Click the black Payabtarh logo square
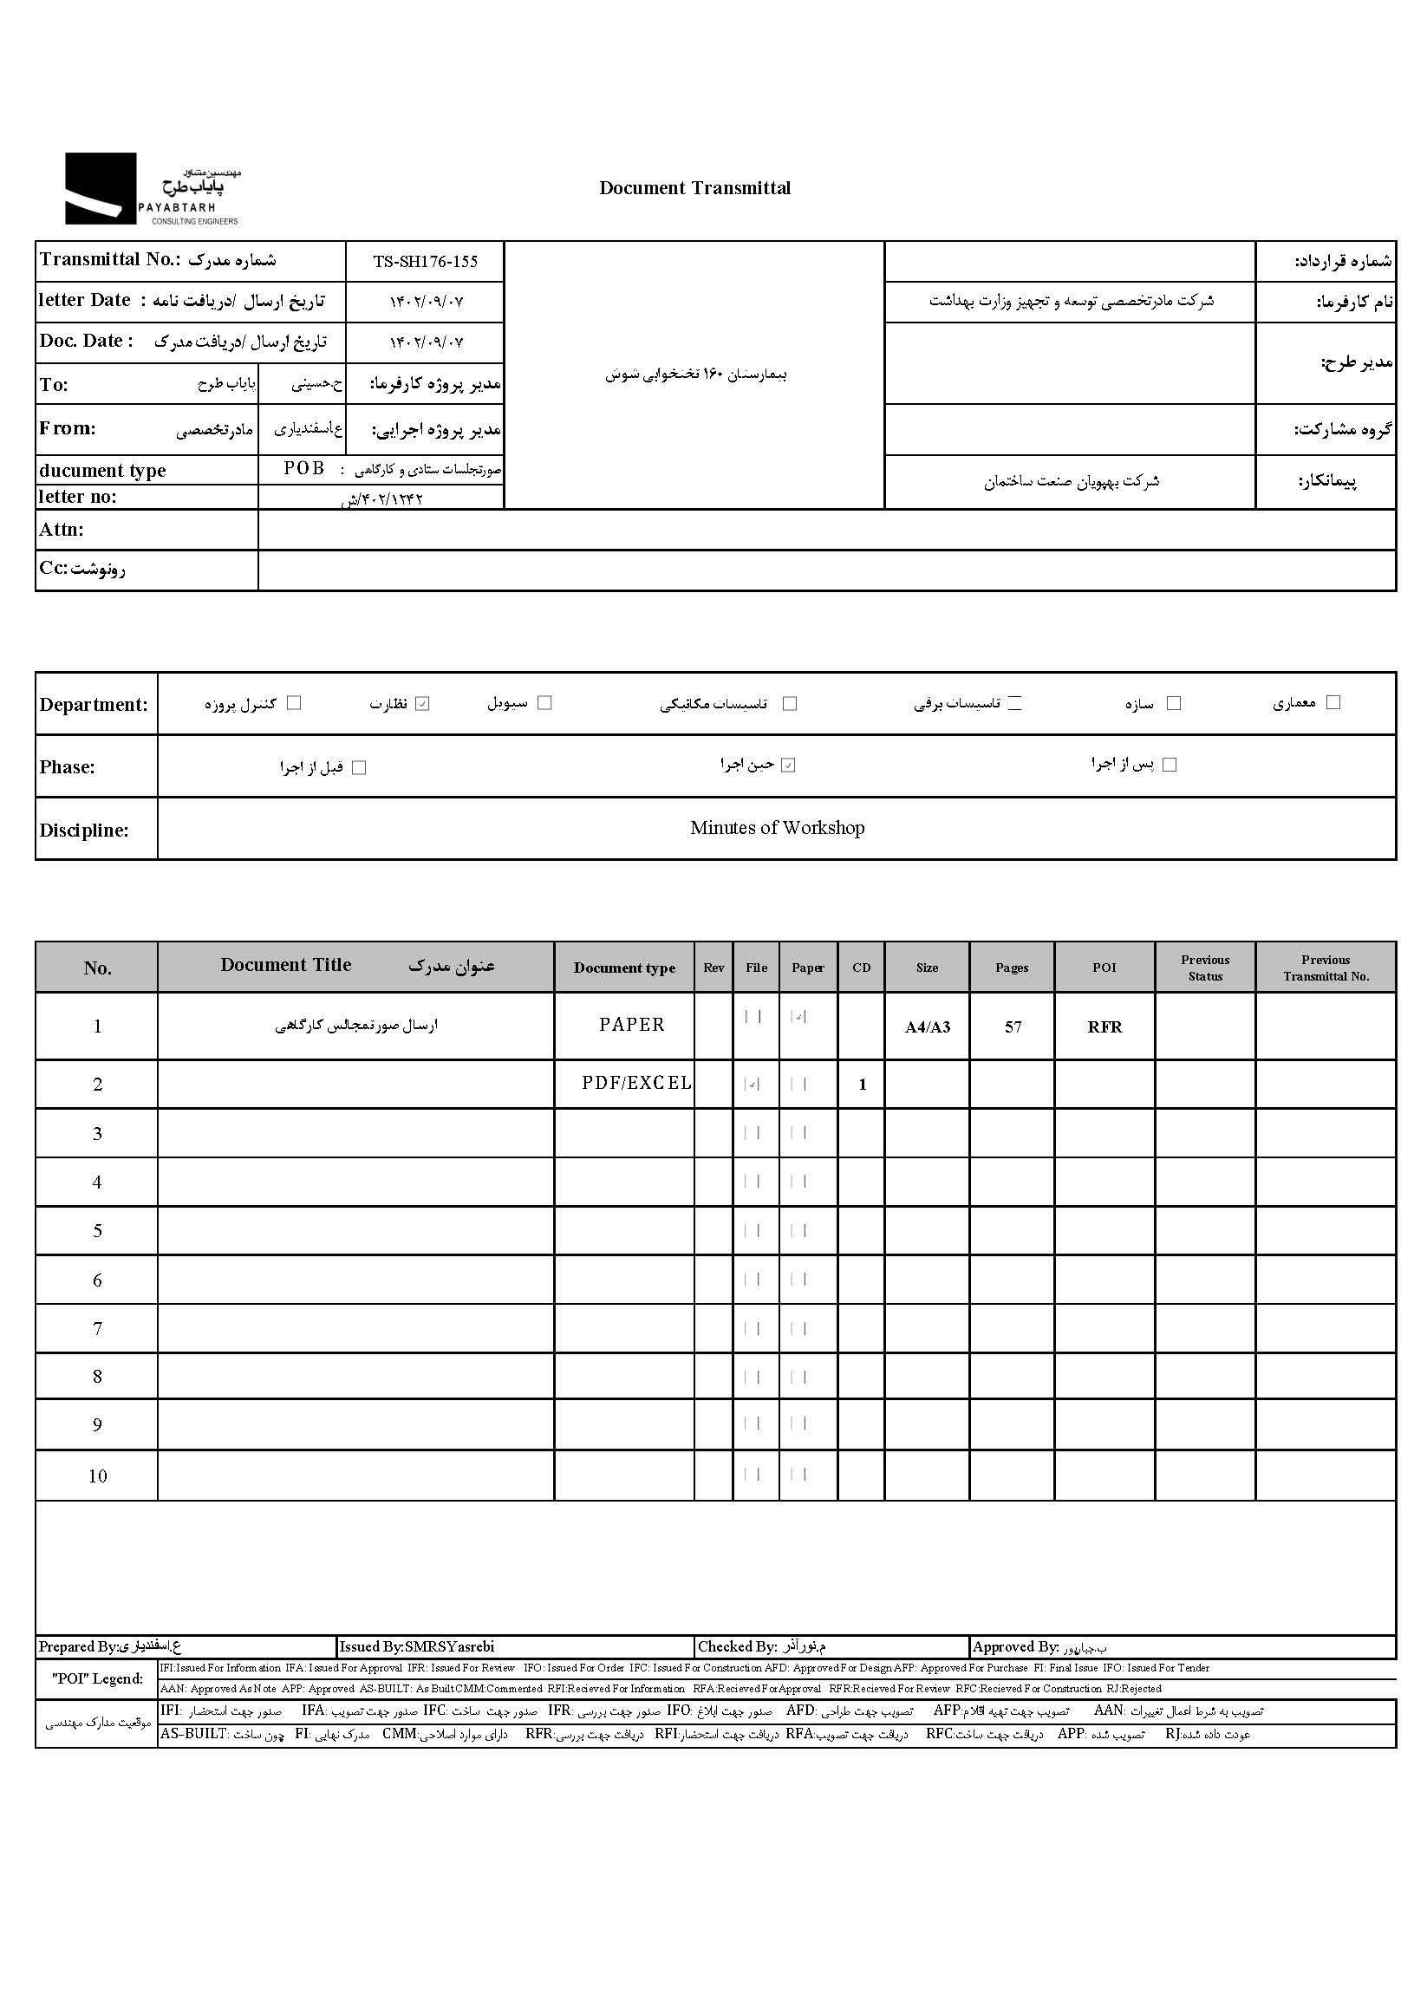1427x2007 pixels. (x=101, y=188)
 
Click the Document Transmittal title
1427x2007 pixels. (x=694, y=188)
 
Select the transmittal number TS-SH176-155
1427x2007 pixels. (x=426, y=262)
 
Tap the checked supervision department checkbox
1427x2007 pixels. (x=423, y=704)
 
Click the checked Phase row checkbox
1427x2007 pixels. (x=788, y=766)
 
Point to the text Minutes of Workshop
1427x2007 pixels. (x=777, y=828)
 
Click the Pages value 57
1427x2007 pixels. (x=1013, y=1027)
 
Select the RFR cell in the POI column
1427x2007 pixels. (x=1104, y=1027)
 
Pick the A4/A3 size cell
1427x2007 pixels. (x=927, y=1027)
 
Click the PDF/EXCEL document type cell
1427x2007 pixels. (x=636, y=1084)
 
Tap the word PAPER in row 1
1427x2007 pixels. (x=632, y=1025)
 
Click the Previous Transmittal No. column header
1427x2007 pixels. (x=1325, y=968)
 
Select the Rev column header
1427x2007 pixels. (x=713, y=968)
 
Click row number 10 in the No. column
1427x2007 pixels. (x=98, y=1476)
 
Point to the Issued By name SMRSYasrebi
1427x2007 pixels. (x=449, y=1646)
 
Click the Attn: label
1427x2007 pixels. (x=62, y=530)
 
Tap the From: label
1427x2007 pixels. (x=68, y=429)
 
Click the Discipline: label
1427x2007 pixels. (x=83, y=831)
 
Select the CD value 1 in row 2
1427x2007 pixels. (x=862, y=1085)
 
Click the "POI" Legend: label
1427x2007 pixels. (x=96, y=1678)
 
